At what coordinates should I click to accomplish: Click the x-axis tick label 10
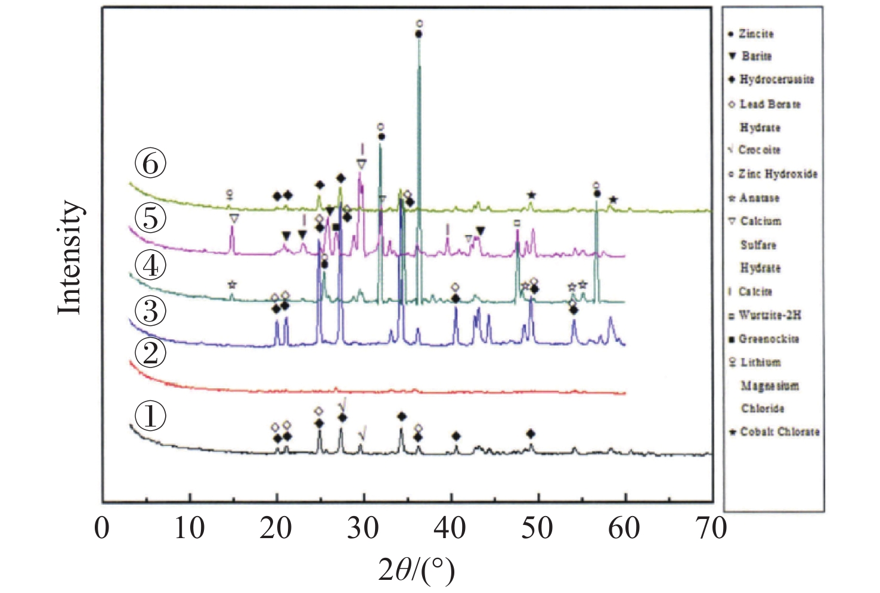[x=189, y=529]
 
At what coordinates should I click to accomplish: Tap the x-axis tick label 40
[x=450, y=529]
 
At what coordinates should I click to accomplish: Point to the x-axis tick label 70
[x=711, y=529]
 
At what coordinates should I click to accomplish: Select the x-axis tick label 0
[x=103, y=529]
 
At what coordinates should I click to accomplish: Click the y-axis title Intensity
[x=69, y=257]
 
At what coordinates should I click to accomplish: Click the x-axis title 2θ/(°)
[x=417, y=569]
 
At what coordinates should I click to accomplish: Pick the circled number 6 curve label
[x=150, y=163]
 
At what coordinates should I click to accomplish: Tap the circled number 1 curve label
[x=150, y=415]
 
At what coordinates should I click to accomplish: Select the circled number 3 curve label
[x=150, y=311]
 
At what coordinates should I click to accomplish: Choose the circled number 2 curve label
[x=150, y=353]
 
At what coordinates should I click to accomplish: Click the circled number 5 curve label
[x=150, y=218]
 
